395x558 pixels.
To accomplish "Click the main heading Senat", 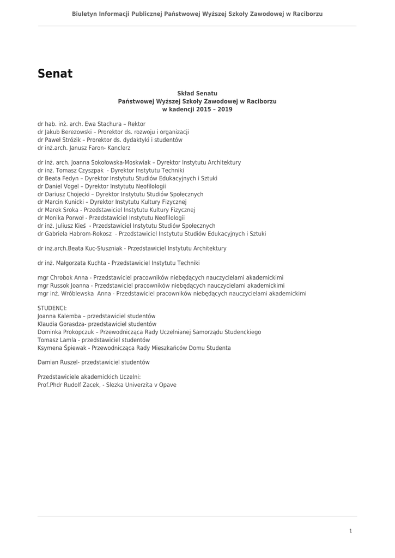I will (x=55, y=74).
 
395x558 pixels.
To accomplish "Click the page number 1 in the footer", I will (x=350, y=531).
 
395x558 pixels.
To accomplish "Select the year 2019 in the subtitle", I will (x=225, y=110).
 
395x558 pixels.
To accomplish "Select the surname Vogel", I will (x=71, y=186).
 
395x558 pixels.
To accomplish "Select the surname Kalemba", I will (x=68, y=316).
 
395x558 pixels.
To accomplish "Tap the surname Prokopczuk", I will (x=76, y=332).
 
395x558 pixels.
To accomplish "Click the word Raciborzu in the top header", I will (x=303, y=14).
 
